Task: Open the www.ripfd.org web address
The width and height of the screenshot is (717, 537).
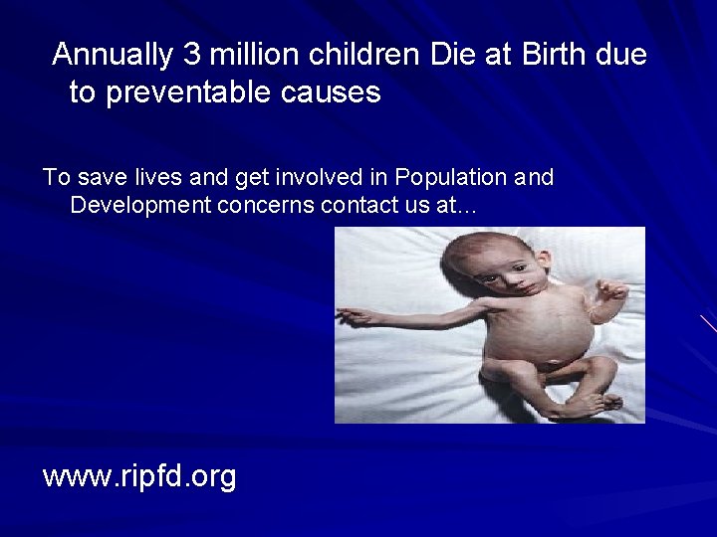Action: click(x=139, y=476)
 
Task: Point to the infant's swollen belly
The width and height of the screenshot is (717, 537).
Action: click(x=524, y=343)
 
